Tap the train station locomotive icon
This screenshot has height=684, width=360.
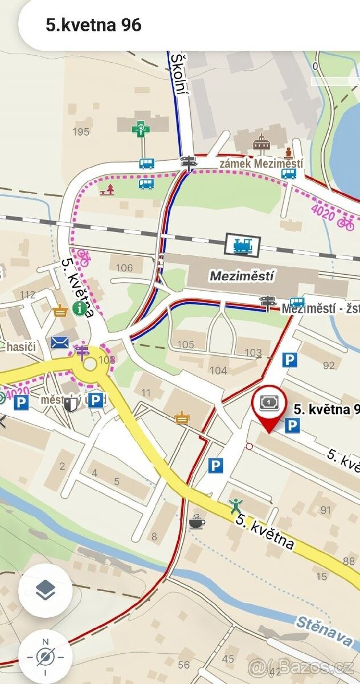coord(242,245)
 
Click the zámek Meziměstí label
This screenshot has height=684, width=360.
coord(262,164)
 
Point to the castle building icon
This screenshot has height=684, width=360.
coord(261,145)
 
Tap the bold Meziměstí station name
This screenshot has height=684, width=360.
coord(242,276)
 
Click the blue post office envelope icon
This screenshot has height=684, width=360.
coord(60,343)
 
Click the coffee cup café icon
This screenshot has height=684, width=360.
coord(197,521)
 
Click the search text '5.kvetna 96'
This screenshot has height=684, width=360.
coord(93,25)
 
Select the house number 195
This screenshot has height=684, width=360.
coord(81,132)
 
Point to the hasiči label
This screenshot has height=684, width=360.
coord(21,347)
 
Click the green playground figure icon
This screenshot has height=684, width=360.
coord(236,505)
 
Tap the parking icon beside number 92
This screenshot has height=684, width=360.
coord(290,360)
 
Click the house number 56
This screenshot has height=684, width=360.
coord(183,665)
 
